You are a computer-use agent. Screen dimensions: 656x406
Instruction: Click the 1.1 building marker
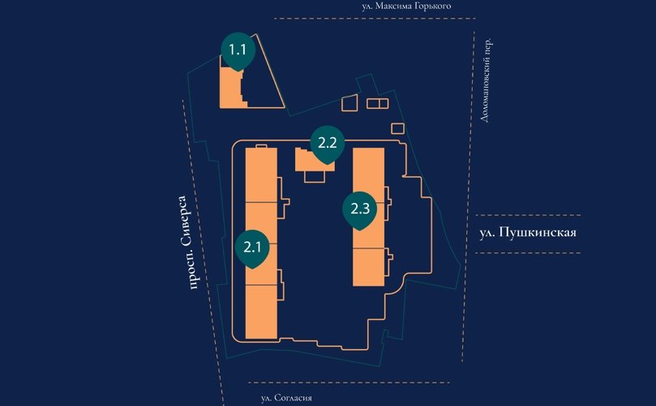click(x=238, y=51)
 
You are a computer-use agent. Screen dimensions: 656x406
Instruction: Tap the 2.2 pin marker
click(x=327, y=145)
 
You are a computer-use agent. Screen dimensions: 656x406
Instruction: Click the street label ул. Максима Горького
click(x=406, y=6)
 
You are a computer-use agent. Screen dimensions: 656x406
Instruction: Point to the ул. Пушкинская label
click(x=528, y=232)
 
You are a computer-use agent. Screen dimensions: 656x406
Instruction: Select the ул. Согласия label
click(x=286, y=398)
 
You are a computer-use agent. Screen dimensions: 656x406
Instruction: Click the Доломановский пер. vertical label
click(x=486, y=80)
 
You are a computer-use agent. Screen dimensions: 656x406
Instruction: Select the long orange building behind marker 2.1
click(x=261, y=243)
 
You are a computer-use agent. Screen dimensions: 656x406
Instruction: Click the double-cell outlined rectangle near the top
click(x=377, y=103)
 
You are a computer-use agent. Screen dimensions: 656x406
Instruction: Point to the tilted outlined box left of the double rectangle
click(x=349, y=103)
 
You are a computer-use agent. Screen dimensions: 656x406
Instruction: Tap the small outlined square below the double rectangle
click(x=398, y=128)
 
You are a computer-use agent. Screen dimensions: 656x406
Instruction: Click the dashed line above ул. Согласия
click(x=349, y=382)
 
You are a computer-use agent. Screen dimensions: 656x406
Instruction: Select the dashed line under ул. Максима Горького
click(x=375, y=19)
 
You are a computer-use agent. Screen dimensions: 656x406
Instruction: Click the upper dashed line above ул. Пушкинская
click(x=528, y=215)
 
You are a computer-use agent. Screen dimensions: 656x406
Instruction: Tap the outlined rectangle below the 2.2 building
click(x=315, y=176)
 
